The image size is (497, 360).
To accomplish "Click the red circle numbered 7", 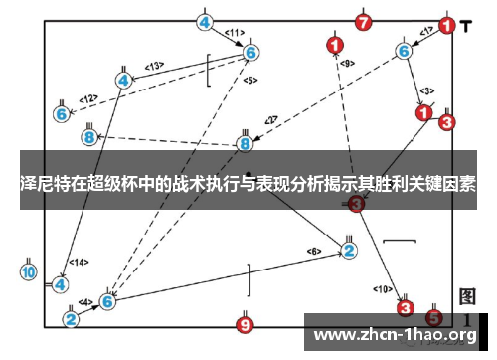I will (364, 22).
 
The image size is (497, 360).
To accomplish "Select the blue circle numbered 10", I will (28, 271).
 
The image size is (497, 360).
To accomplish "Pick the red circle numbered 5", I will (433, 318).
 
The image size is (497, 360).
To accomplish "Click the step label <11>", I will (234, 33).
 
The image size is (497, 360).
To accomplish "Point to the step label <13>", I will (154, 66).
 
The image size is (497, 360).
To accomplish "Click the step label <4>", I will (85, 301).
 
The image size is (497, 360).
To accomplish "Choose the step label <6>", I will (313, 251).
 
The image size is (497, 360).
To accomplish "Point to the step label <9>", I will (346, 63).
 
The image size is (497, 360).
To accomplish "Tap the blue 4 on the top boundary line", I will (205, 22).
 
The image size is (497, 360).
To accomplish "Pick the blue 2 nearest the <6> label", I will (348, 250).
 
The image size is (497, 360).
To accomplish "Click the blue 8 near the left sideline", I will (90, 136).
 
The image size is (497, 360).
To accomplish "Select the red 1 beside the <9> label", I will (335, 45).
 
